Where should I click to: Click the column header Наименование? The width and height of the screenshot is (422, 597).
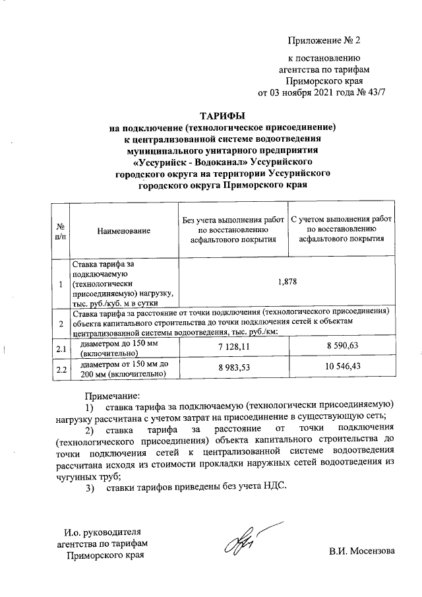[x=123, y=230]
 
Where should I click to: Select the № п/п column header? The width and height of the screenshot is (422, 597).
[x=61, y=230]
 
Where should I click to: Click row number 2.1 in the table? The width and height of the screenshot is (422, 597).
[x=61, y=348]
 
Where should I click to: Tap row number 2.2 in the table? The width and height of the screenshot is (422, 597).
[x=61, y=369]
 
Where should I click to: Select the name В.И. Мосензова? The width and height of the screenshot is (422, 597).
[x=362, y=551]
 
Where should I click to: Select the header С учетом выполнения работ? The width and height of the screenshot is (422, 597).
[x=342, y=220]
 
